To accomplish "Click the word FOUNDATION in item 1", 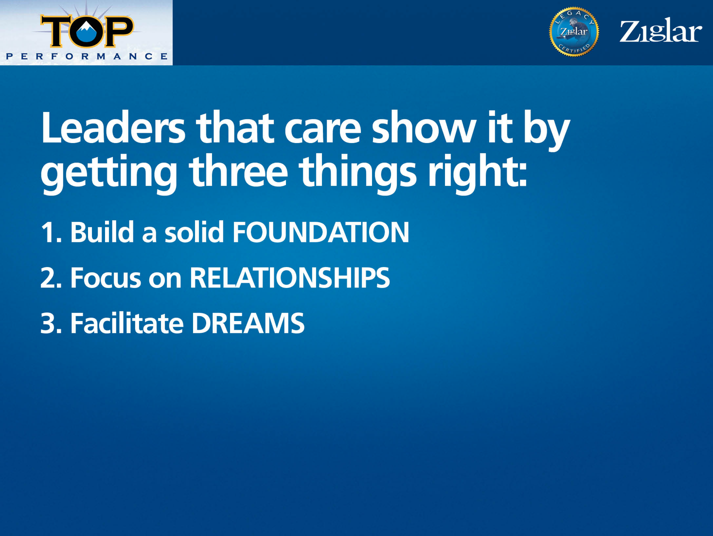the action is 321,232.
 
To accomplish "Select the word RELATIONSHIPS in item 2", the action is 289,277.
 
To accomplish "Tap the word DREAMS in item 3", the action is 248,323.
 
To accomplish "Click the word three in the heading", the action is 238,171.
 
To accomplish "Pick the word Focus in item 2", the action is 106,277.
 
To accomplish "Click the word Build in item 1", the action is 102,231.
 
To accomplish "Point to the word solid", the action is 194,231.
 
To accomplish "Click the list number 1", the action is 51,232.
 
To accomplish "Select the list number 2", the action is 51,277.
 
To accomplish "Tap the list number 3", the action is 51,323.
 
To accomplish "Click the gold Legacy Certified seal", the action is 573,32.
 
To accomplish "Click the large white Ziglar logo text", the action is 660,30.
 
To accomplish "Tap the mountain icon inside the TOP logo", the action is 86,32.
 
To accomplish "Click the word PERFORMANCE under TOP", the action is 86,56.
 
